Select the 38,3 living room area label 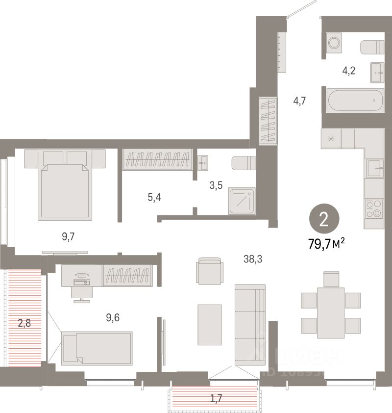pyautogui.click(x=253, y=258)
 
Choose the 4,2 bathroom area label pyautogui.click(x=348, y=71)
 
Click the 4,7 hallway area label pyautogui.click(x=299, y=102)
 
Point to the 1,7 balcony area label pyautogui.click(x=216, y=398)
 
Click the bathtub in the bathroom pyautogui.click(x=355, y=101)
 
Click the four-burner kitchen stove pyautogui.click(x=374, y=208)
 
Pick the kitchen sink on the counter pyautogui.click(x=374, y=168)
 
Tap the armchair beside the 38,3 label pyautogui.click(x=210, y=271)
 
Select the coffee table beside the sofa pyautogui.click(x=210, y=324)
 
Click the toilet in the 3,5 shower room pyautogui.click(x=244, y=162)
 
